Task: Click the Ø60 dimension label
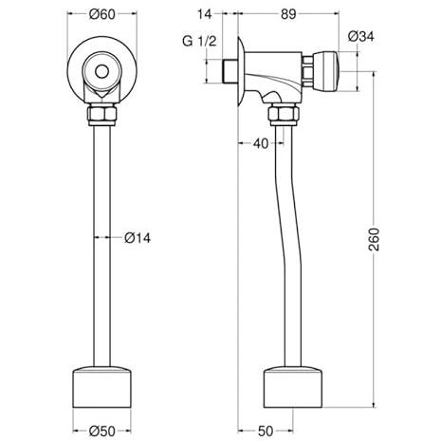tap(102, 14)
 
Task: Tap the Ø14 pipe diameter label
tap(138, 238)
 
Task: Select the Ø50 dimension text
tap(102, 431)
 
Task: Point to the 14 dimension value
tap(205, 14)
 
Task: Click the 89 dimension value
tap(288, 14)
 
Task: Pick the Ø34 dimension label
tap(360, 36)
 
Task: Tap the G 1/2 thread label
tap(199, 41)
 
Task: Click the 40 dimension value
tap(261, 143)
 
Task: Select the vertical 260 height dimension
tap(374, 239)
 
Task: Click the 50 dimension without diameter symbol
tap(266, 431)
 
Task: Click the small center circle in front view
tap(101, 72)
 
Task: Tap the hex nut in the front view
tap(102, 115)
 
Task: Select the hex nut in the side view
tap(284, 115)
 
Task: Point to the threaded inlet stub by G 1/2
tap(230, 71)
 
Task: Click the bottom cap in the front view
tap(101, 387)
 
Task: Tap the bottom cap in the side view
tap(293, 387)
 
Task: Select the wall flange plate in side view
tap(241, 71)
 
